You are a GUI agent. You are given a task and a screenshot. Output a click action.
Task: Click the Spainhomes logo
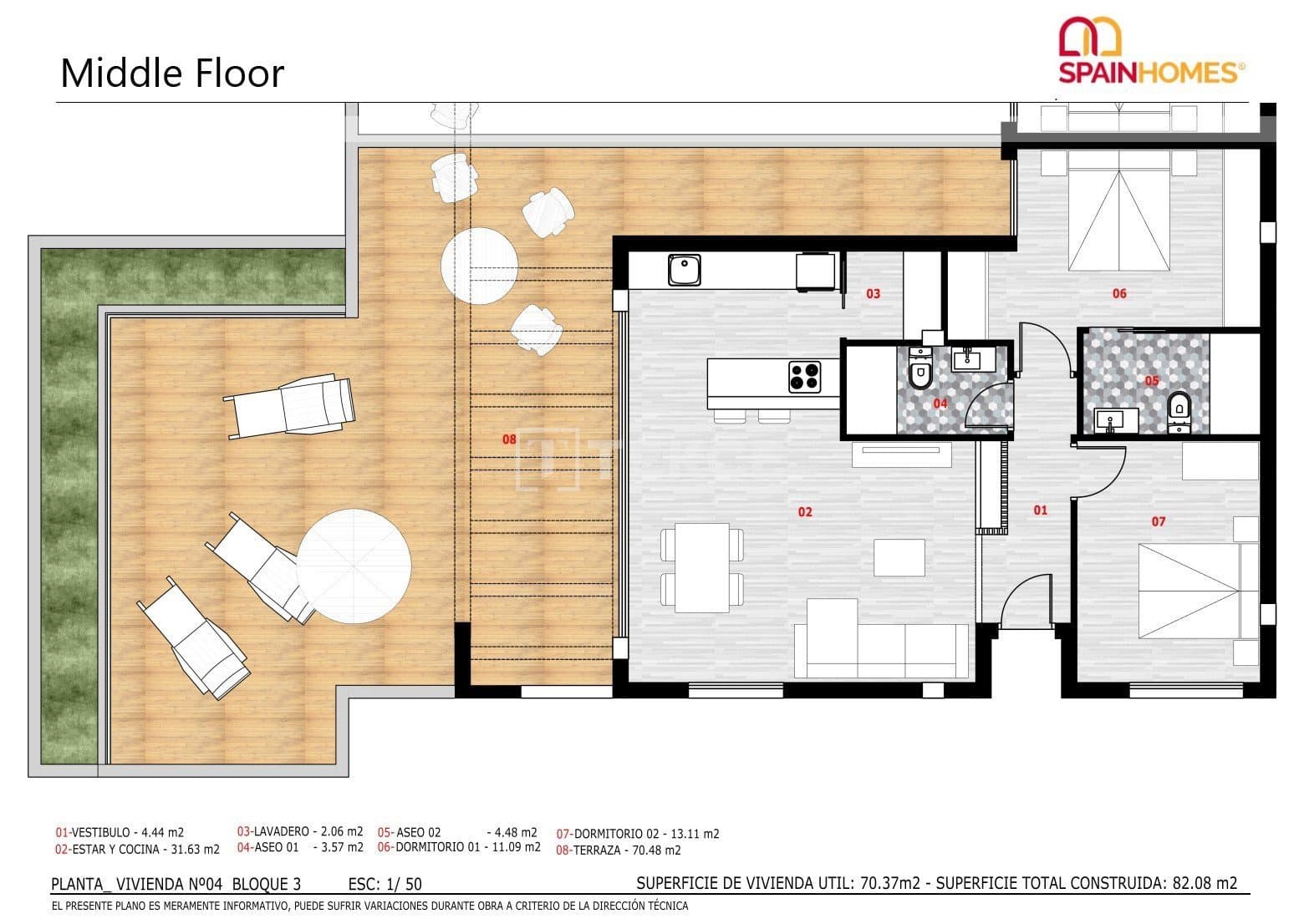coord(1151,52)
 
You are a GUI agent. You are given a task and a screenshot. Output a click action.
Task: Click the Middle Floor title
coord(172,74)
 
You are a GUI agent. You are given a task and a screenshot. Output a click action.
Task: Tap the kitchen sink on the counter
coord(685,270)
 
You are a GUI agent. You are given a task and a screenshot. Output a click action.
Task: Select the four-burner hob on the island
coord(804,376)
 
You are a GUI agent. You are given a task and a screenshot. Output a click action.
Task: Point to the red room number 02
coord(804,511)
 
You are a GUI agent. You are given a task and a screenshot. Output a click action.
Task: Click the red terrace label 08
coord(509,439)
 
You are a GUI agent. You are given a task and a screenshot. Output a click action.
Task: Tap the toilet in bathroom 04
coord(920,374)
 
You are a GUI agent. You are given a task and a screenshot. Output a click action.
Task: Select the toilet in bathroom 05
coord(1179,407)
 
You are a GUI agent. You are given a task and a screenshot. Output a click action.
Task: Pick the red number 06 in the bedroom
coord(1119,293)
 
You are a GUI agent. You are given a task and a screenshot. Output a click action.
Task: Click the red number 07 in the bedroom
coord(1158,521)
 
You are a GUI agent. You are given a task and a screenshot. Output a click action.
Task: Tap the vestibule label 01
coord(1040,510)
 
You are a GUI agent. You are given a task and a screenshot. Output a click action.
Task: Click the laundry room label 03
coord(873,293)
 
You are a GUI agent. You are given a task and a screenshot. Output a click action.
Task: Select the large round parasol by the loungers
coord(354,566)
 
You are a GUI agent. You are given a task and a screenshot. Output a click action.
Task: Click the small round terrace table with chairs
coord(477,267)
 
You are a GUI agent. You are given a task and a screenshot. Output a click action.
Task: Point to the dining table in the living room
coord(702,568)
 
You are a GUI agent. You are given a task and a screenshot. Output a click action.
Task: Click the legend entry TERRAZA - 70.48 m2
coord(619,850)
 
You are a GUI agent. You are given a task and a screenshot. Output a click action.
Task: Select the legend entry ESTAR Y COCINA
coord(137,850)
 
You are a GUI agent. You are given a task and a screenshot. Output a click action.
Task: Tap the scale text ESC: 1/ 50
coord(385,884)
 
